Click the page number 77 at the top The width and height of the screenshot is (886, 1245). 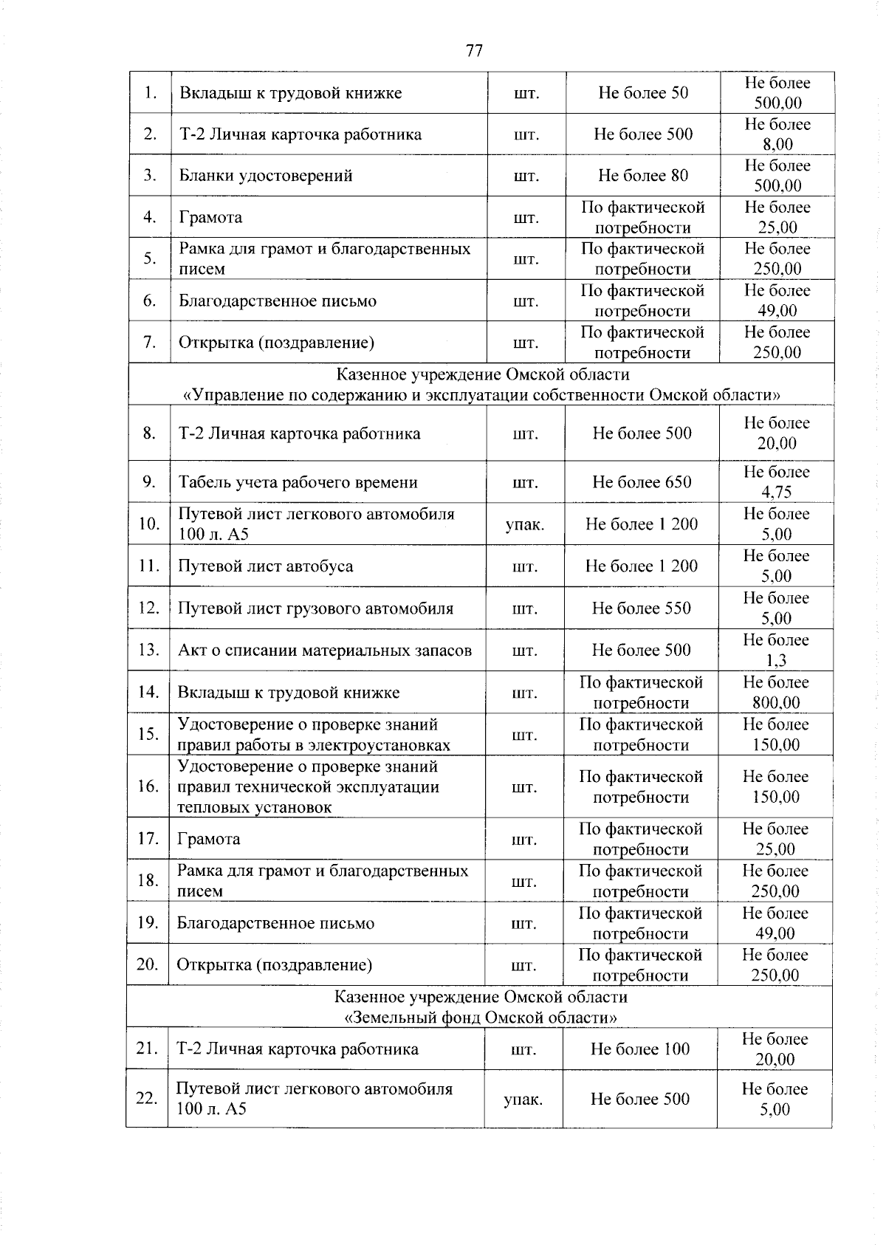[x=474, y=50]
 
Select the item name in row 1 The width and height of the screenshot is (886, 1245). [x=291, y=93]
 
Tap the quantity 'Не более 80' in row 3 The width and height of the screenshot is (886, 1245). [x=642, y=176]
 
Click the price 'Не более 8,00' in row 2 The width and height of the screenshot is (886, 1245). [x=777, y=134]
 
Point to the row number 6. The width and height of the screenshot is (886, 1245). [x=150, y=301]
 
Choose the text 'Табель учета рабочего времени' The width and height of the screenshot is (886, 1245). [x=298, y=482]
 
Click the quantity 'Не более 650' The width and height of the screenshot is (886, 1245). [x=642, y=482]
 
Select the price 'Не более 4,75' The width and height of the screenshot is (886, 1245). [x=776, y=482]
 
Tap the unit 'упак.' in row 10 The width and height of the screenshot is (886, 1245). [x=524, y=524]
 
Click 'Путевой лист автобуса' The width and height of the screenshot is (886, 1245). [x=266, y=566]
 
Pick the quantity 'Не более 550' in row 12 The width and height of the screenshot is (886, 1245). [x=642, y=608]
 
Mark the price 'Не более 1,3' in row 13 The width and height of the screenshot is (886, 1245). [x=776, y=651]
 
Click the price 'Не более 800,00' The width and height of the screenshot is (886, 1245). [x=775, y=693]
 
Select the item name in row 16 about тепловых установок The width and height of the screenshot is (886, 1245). [x=308, y=786]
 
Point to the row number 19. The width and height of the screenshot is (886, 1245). [x=148, y=923]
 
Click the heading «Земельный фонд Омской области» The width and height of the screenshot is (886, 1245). [x=481, y=1018]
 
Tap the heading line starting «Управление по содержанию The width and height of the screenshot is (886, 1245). [x=481, y=395]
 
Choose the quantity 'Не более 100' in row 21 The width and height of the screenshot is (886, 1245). [x=639, y=1049]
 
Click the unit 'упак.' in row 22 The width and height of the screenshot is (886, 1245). [x=523, y=1100]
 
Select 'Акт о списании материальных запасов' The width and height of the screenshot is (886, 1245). [x=325, y=651]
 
